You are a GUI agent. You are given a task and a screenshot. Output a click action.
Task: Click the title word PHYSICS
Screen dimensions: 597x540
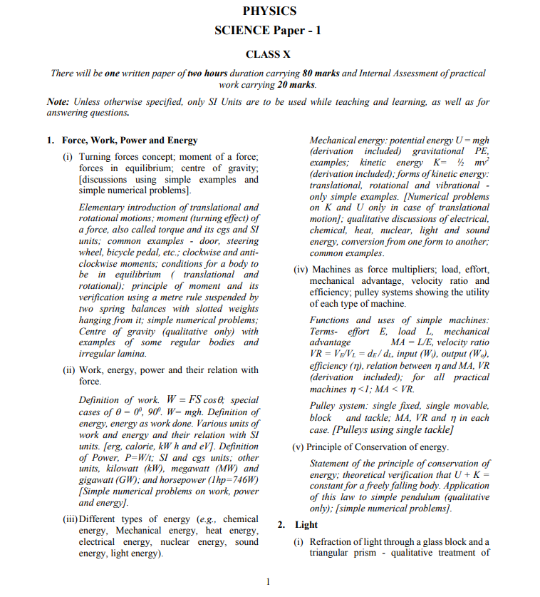coord(269,11)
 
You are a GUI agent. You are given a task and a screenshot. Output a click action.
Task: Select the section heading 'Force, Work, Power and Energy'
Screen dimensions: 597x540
coord(130,141)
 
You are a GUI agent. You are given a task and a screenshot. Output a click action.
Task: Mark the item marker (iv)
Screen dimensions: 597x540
coord(301,270)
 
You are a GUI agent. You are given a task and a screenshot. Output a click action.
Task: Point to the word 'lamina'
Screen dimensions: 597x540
coord(130,354)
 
